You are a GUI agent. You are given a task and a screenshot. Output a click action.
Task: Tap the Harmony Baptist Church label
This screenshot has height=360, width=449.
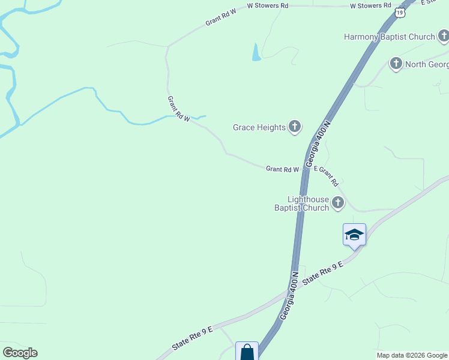pyautogui.click(x=389, y=37)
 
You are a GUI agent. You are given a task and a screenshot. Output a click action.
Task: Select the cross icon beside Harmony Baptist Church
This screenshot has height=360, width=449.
pyautogui.click(x=443, y=37)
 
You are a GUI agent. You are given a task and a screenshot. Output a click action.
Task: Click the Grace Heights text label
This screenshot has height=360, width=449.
pyautogui.click(x=259, y=127)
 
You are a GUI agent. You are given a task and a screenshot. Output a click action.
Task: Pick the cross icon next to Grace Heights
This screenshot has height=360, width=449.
pyautogui.click(x=294, y=127)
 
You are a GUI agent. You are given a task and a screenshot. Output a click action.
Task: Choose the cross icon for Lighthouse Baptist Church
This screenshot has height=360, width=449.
pyautogui.click(x=338, y=203)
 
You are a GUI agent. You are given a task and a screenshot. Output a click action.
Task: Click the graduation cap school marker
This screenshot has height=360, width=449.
pyautogui.click(x=354, y=234)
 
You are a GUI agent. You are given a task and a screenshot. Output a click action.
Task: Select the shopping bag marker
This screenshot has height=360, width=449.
pyautogui.click(x=247, y=352)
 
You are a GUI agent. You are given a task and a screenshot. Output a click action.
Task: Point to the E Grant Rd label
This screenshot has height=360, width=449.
pyautogui.click(x=327, y=176)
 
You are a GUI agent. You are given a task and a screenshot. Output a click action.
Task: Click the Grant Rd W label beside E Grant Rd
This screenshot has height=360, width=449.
pyautogui.click(x=282, y=170)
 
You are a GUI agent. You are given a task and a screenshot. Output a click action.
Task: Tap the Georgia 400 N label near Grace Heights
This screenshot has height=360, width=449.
pyautogui.click(x=318, y=144)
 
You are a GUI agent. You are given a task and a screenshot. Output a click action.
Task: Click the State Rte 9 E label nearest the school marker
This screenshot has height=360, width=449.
pyautogui.click(x=323, y=273)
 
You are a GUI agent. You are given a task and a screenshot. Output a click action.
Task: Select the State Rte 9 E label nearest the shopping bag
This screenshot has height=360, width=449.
pyautogui.click(x=192, y=337)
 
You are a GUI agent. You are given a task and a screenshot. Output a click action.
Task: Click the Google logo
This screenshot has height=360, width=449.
pyautogui.click(x=20, y=353)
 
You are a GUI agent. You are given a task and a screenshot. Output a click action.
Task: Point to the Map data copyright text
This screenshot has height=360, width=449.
pyautogui.click(x=412, y=355)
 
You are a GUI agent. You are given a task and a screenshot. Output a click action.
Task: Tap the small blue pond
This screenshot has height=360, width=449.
pyautogui.click(x=256, y=53)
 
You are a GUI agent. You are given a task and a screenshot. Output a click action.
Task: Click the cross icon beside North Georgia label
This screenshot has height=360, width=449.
pyautogui.click(x=396, y=64)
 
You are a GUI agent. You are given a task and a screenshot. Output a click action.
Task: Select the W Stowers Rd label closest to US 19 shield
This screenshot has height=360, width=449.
pyautogui.click(x=370, y=5)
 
